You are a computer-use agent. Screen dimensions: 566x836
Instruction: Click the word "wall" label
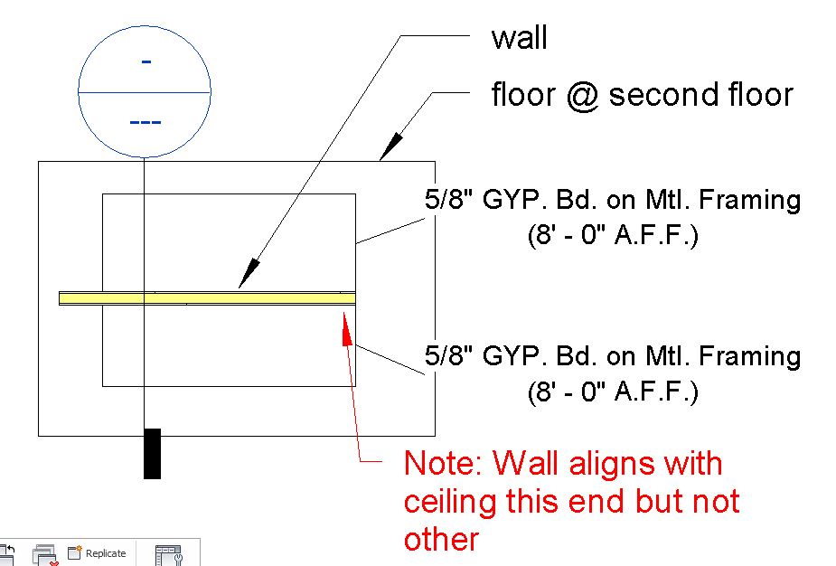(519, 39)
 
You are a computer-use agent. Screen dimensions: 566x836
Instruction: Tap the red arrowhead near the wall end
(345, 322)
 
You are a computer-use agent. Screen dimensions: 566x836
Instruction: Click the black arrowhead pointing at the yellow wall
(248, 277)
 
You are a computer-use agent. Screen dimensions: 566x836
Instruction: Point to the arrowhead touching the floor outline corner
(391, 146)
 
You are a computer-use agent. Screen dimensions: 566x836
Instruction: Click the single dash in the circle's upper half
(145, 61)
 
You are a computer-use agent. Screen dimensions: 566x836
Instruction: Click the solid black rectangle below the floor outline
(152, 452)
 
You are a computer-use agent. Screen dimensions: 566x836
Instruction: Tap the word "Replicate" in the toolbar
(106, 553)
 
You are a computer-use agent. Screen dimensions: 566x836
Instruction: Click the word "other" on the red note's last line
(440, 539)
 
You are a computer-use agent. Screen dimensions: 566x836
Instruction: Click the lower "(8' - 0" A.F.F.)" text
(613, 392)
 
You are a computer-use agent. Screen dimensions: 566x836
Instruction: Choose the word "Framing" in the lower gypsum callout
(756, 356)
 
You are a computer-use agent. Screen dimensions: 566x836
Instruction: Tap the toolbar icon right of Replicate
(168, 553)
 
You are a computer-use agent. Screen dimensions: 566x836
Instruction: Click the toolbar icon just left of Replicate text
(75, 552)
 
